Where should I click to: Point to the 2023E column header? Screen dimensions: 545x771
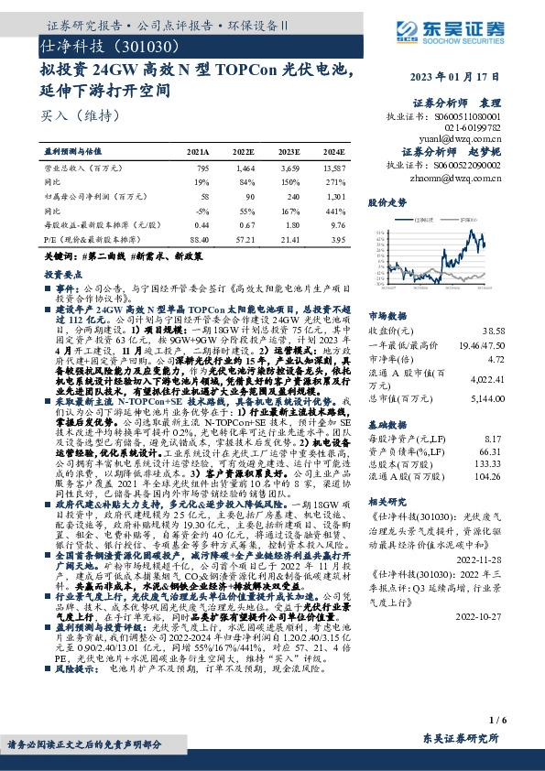(291, 152)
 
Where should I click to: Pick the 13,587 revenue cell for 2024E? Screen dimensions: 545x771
(332, 169)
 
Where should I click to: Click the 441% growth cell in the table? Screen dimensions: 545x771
(336, 211)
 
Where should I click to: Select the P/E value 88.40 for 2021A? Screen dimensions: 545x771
(197, 238)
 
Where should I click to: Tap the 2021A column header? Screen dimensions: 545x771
(198, 152)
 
